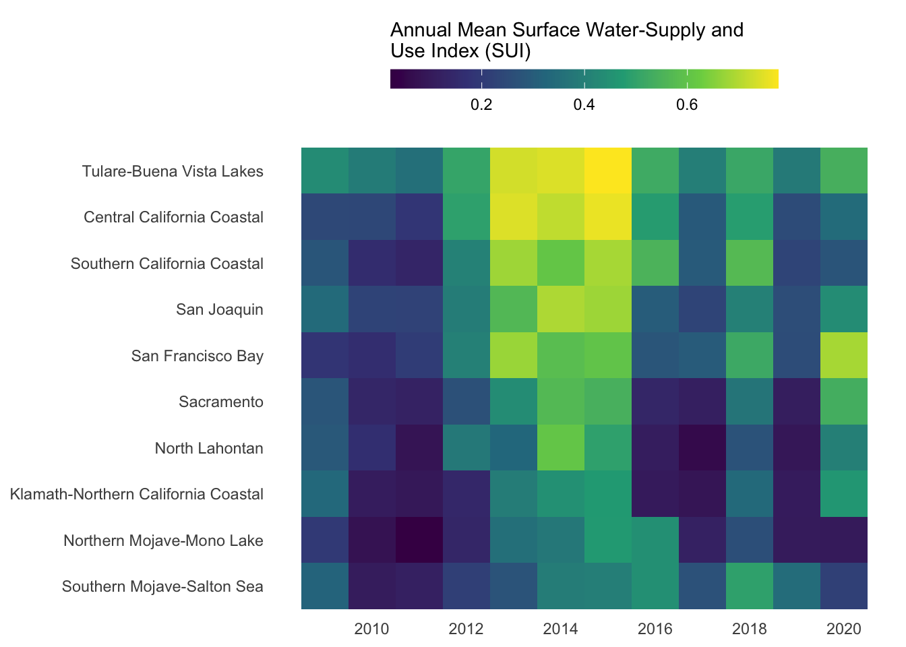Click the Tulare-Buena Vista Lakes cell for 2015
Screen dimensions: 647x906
608,171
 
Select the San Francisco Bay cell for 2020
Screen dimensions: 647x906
844,355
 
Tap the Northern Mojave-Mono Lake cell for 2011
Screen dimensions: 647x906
419,540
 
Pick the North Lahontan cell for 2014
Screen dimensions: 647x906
561,448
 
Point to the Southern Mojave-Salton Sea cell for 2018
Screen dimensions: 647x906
750,586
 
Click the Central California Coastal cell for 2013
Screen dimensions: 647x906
514,217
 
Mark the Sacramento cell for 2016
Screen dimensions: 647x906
655,402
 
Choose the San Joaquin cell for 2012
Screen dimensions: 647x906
466,309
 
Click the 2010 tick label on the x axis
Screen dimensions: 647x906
371,629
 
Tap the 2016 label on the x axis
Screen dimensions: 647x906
655,629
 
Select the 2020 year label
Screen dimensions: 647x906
844,629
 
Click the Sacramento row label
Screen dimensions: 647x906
221,402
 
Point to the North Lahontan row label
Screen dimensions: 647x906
209,448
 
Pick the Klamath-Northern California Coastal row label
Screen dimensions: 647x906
137,495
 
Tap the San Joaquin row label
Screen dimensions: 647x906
220,310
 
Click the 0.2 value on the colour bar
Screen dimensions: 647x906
481,105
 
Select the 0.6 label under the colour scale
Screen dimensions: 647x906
687,105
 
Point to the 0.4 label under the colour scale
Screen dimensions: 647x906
584,105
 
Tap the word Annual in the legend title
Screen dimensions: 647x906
421,30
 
